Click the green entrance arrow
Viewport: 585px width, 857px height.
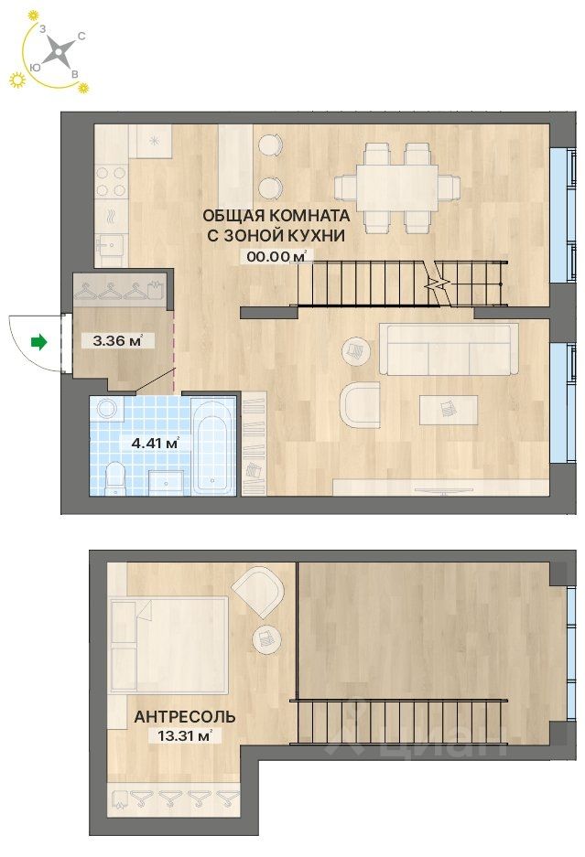pos(38,342)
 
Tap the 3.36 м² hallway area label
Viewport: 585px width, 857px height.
pos(112,342)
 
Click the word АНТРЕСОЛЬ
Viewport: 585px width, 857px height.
pos(184,717)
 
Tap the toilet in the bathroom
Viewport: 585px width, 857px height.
pos(115,477)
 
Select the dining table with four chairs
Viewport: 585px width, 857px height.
pos(397,187)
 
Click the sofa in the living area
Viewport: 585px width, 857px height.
pos(449,348)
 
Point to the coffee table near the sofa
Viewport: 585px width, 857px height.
pos(449,409)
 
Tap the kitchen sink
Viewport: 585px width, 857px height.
pos(111,247)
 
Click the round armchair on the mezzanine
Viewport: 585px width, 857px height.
pos(257,591)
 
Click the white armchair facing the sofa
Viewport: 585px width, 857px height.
pos(359,404)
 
